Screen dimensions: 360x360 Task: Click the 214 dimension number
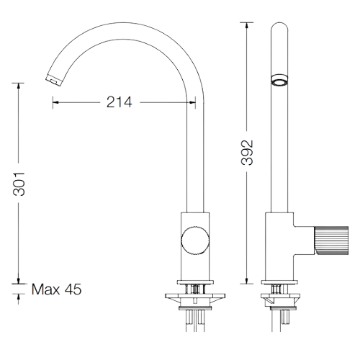[x=120, y=103]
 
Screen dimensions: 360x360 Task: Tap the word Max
[x=46, y=290]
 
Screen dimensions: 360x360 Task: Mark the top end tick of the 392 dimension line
[x=247, y=24]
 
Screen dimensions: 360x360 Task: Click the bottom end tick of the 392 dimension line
[x=247, y=282]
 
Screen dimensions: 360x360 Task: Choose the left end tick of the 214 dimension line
[x=53, y=103]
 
